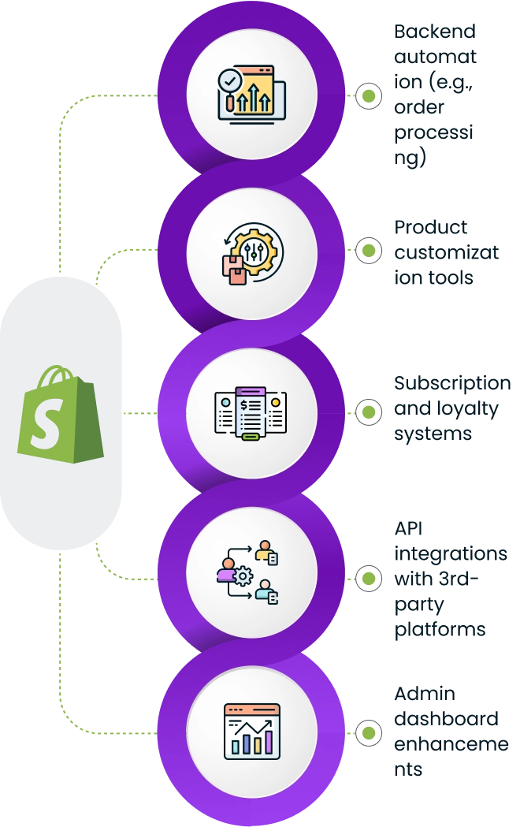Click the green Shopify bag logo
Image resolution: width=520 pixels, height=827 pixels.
[61, 415]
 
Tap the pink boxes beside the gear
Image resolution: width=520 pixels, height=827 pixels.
[235, 269]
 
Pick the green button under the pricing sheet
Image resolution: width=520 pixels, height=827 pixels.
[251, 437]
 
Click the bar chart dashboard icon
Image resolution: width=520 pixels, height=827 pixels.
[252, 731]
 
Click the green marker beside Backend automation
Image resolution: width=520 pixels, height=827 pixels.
[368, 96]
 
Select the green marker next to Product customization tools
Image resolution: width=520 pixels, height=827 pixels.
[368, 250]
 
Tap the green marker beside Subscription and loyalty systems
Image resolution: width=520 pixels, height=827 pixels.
[368, 412]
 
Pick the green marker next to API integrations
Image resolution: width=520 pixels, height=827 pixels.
[368, 578]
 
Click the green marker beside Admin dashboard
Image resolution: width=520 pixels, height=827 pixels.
[368, 732]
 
